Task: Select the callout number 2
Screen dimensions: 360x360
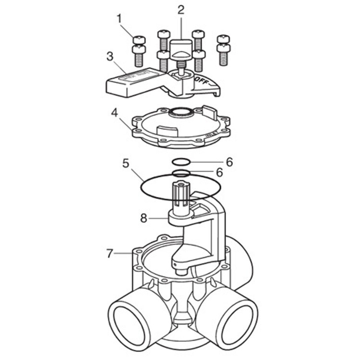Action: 180,9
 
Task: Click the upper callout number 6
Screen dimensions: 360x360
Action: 229,162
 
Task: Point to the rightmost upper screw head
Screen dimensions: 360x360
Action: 224,38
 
